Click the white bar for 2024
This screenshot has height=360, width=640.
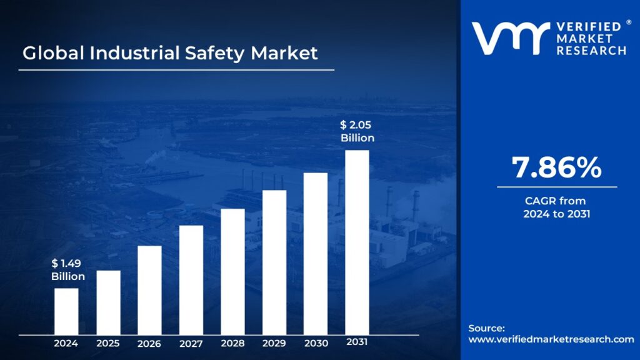[66, 311]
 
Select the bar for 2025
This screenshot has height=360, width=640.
[108, 302]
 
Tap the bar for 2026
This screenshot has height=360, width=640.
[149, 290]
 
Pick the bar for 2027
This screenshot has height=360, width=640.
[191, 279]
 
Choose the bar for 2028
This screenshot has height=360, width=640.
[232, 271]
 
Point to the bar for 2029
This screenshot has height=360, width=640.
[274, 262]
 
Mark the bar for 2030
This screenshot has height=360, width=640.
[316, 253]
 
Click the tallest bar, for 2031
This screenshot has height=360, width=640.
[357, 242]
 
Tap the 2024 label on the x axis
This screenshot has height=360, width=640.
[66, 343]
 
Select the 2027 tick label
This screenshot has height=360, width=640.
[191, 344]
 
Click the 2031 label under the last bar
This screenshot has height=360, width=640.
[357, 342]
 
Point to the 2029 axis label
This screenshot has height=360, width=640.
[274, 344]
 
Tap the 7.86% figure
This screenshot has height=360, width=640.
[557, 167]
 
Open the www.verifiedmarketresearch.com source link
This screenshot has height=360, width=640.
[551, 339]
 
